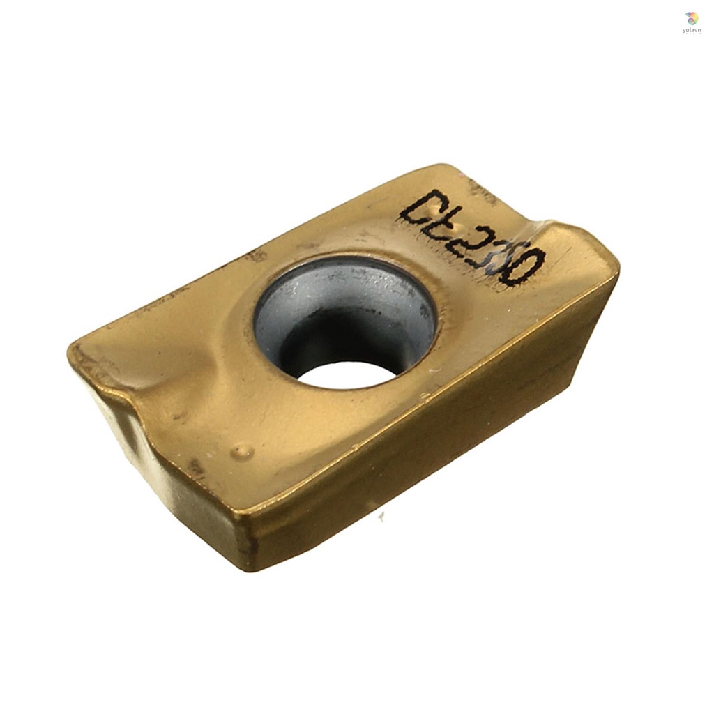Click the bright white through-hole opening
pyautogui.click(x=347, y=374)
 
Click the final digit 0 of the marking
pyautogui.click(x=527, y=267)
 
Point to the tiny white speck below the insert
pyautogui.click(x=381, y=517)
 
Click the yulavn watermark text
pyautogui.click(x=691, y=31)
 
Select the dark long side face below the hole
pyautogui.click(x=432, y=446)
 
